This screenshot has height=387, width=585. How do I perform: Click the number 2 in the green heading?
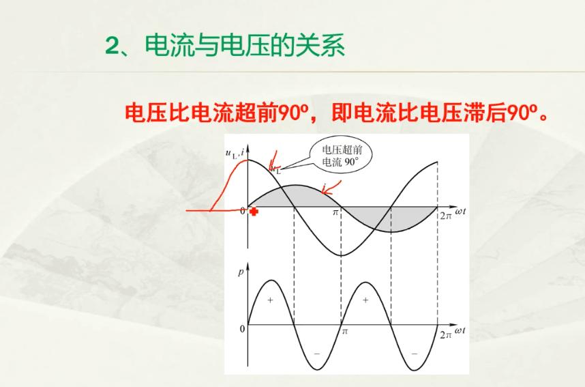pyautogui.click(x=111, y=46)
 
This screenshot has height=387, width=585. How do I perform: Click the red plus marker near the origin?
pyautogui.click(x=254, y=212)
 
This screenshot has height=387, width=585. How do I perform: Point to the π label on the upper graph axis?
pyautogui.click(x=335, y=212)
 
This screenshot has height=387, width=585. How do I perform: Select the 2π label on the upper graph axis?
pyautogui.click(x=446, y=216)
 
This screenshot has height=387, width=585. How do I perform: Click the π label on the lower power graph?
pyautogui.click(x=345, y=331)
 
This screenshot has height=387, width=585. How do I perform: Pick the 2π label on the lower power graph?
pyautogui.click(x=446, y=334)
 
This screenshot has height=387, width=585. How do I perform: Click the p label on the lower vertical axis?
pyautogui.click(x=241, y=272)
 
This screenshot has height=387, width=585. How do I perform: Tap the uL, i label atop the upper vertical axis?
pyautogui.click(x=235, y=153)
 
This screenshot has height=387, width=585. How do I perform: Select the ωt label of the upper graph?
pyautogui.click(x=460, y=212)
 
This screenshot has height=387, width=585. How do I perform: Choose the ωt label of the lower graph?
pyautogui.click(x=460, y=330)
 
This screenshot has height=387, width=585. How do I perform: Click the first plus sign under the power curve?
pyautogui.click(x=271, y=300)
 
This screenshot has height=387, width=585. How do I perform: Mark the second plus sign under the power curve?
pyautogui.click(x=365, y=300)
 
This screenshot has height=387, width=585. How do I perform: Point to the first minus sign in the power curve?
pyautogui.click(x=317, y=354)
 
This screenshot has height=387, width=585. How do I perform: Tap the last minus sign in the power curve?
pyautogui.click(x=415, y=354)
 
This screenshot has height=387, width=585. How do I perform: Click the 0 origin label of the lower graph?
pyautogui.click(x=242, y=329)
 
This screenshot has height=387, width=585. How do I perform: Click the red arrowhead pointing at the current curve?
pyautogui.click(x=326, y=192)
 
